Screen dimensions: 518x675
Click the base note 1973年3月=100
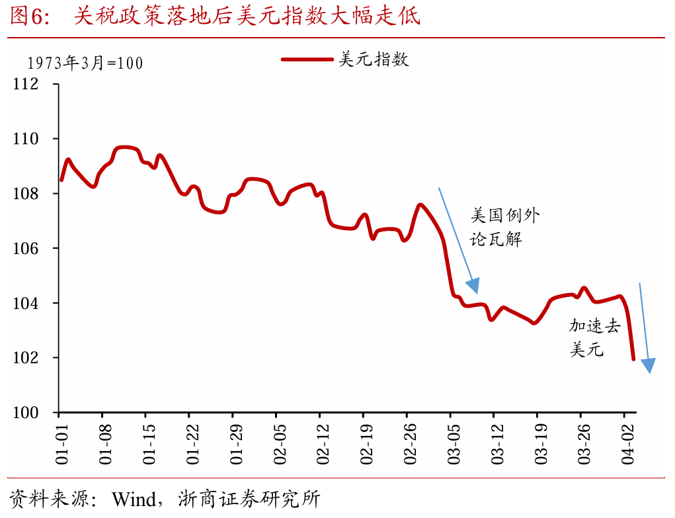click(85, 64)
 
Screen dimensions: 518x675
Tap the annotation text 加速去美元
click(594, 337)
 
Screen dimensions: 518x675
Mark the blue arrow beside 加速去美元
click(645, 328)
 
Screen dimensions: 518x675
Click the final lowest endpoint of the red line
click(633, 359)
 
